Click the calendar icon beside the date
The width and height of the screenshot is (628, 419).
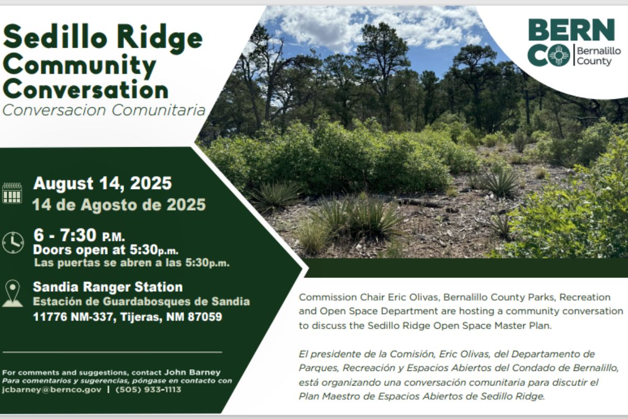pos(12,193)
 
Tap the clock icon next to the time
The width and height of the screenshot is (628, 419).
pos(13,242)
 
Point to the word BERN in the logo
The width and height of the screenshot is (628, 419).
pos(571,30)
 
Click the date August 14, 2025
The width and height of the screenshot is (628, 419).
pos(102,184)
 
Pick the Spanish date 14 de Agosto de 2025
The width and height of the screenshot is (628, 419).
pos(119,205)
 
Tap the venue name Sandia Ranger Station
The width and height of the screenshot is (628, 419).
pos(108,287)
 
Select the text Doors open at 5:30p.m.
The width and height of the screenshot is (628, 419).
pos(106,249)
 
